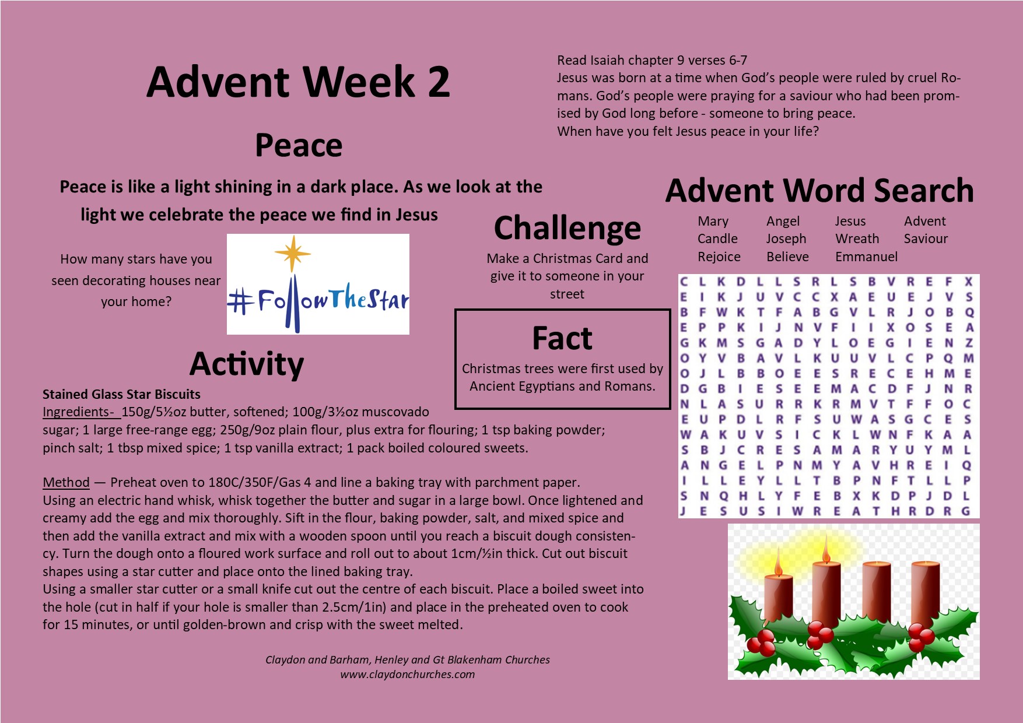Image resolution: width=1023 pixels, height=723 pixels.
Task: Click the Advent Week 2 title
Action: [x=298, y=82]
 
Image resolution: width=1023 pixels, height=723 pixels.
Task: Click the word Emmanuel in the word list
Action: [x=866, y=257]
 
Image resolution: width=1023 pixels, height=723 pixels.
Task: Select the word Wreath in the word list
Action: [x=857, y=238]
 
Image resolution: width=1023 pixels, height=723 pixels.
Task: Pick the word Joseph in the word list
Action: [x=786, y=239]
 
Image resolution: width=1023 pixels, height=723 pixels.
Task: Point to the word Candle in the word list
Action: [x=717, y=238]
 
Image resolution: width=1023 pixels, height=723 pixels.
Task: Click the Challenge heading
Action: [x=567, y=229]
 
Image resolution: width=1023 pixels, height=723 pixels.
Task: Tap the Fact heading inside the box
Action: [x=562, y=338]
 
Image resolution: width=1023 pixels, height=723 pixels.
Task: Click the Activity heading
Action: [x=247, y=364]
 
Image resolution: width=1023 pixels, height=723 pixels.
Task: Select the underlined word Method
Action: [x=66, y=482]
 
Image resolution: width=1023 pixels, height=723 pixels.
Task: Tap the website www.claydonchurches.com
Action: [x=408, y=675]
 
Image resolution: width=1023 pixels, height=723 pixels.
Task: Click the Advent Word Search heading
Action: [x=819, y=191]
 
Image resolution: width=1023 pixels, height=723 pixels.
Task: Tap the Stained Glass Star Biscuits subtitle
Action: [x=121, y=394]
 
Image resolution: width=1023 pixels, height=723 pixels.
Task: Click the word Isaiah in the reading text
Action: [x=608, y=60]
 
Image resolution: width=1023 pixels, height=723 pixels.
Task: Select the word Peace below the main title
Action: [x=299, y=146]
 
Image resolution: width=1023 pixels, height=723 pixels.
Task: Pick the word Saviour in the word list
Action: [x=926, y=238]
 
